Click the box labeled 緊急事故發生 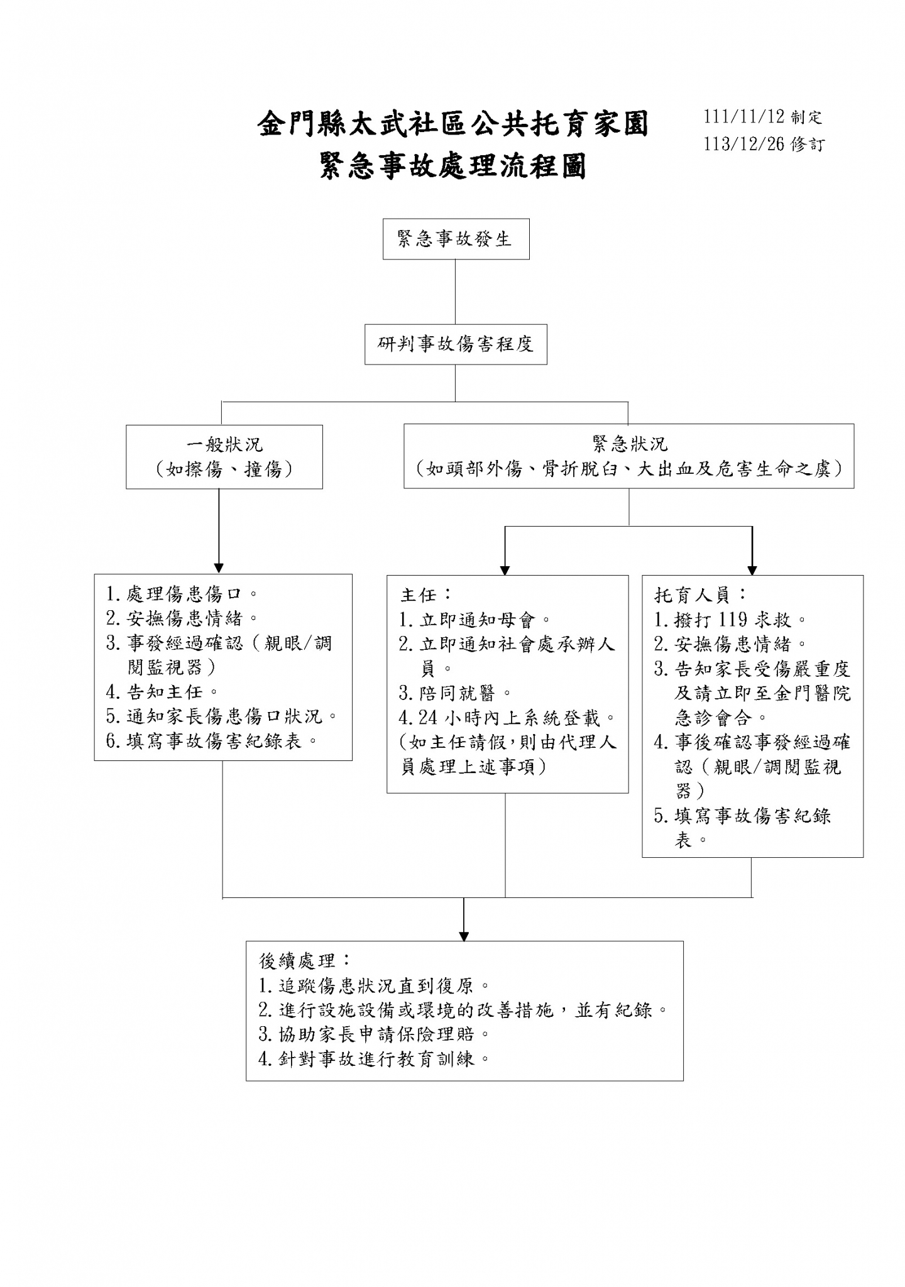(456, 239)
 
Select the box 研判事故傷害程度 (456, 344)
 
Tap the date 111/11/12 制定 (762, 117)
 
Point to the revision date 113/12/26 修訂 (763, 144)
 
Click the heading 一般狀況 (224, 444)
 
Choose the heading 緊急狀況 (630, 444)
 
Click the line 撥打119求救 (730, 620)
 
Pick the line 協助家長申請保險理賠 (374, 1034)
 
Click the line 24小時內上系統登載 (508, 718)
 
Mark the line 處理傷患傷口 (182, 594)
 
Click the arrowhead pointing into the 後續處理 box (464, 936)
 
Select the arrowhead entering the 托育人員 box (752, 570)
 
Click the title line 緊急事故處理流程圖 (453, 166)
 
